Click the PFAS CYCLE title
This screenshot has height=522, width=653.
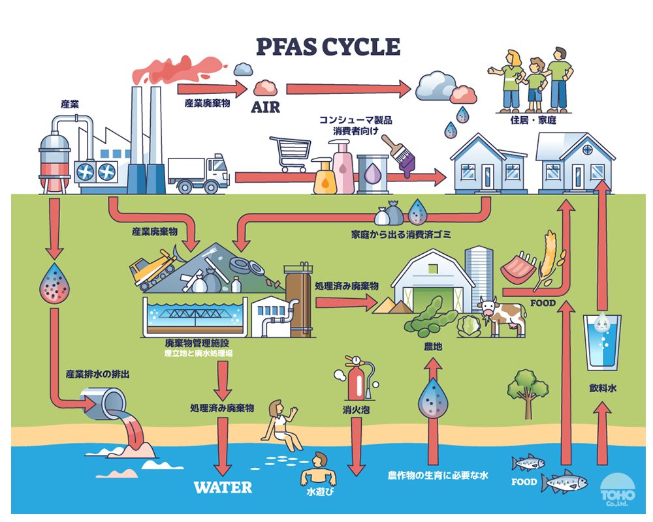(x=327, y=47)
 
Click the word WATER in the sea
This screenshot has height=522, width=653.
(x=223, y=487)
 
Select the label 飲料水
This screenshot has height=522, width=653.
(x=603, y=389)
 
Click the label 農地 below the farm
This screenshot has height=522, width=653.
(x=433, y=347)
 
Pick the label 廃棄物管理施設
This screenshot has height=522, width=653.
(x=197, y=343)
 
